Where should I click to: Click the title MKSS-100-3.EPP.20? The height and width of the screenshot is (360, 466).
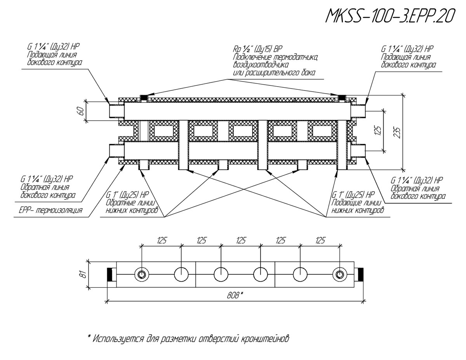[x=389, y=16]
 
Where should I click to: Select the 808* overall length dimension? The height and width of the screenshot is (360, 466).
[x=235, y=296]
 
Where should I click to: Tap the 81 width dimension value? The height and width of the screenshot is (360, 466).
[x=84, y=275]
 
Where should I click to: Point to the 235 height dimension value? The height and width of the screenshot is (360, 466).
[x=397, y=132]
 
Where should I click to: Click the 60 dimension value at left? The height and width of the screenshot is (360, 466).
[x=81, y=111]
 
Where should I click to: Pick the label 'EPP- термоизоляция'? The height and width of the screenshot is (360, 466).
[x=50, y=210]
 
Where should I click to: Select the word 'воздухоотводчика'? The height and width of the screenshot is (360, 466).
[x=261, y=65]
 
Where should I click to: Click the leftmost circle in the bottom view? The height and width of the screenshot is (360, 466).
[x=141, y=274]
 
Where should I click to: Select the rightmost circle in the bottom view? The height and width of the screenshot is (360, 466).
[x=339, y=274]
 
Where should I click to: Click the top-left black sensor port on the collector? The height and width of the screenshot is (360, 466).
[x=144, y=98]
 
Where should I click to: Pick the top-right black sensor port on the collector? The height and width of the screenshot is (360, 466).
[x=342, y=98]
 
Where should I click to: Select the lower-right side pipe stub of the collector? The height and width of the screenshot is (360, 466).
[x=358, y=151]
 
